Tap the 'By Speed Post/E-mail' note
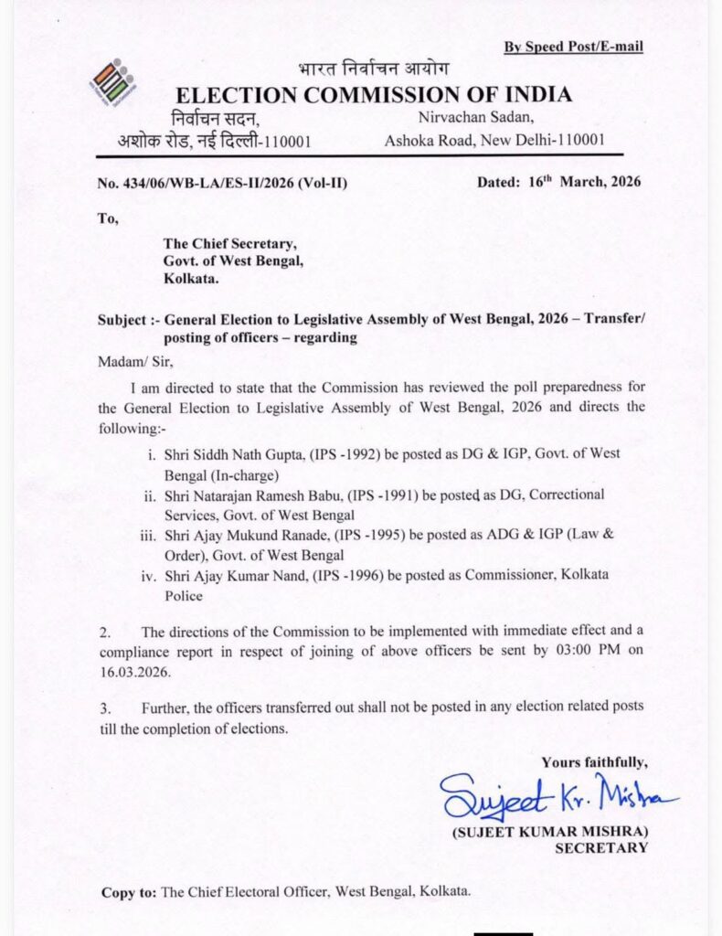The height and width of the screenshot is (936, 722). (x=573, y=47)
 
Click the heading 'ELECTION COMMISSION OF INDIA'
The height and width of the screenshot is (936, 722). (x=374, y=94)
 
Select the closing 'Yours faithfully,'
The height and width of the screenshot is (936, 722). (x=594, y=761)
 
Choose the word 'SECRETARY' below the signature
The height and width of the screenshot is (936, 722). (x=602, y=847)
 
